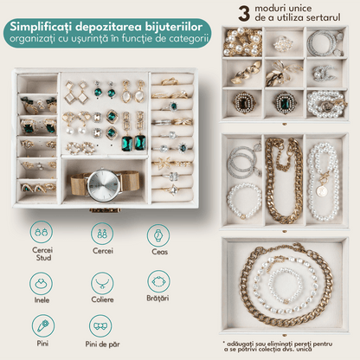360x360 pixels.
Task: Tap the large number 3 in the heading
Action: [244, 14]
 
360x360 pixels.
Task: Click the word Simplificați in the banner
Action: [41, 27]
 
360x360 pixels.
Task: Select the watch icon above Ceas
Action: [158, 235]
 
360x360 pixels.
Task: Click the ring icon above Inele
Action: [41, 283]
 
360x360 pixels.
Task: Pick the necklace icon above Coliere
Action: [102, 283]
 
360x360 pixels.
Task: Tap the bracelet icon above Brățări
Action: [158, 281]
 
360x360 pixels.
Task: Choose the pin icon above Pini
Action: [43, 326]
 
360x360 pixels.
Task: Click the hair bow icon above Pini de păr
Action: [100, 326]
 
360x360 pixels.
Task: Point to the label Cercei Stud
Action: [42, 254]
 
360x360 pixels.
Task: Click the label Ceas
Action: [159, 252]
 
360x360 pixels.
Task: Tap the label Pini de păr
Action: [102, 344]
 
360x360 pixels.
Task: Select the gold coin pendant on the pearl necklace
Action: [320, 191]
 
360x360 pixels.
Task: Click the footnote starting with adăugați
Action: [278, 346]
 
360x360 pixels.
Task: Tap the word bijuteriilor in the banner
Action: [174, 27]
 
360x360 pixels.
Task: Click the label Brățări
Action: [157, 299]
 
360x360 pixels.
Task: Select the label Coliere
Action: [102, 299]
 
